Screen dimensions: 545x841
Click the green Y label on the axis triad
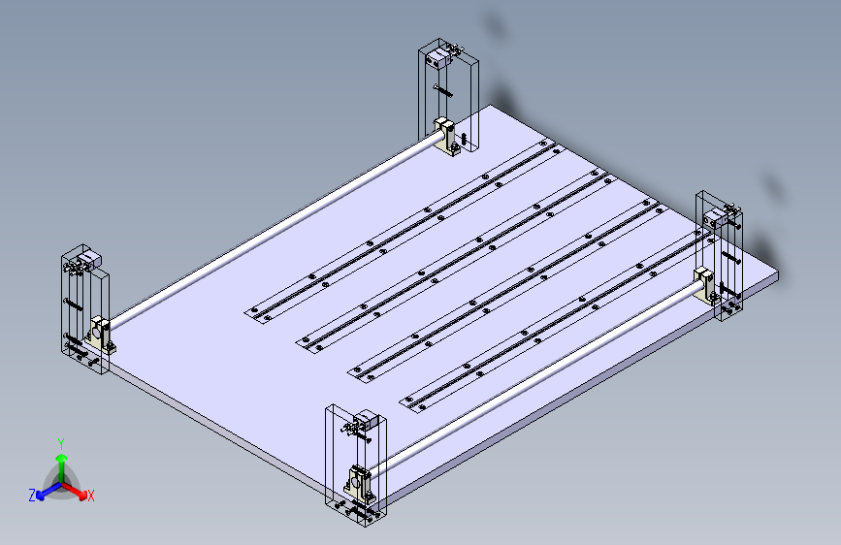click(60, 442)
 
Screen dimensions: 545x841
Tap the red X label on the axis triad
click(90, 497)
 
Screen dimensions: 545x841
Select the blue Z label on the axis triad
click(32, 495)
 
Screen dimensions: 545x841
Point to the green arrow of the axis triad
click(61, 461)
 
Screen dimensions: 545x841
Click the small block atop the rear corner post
click(437, 59)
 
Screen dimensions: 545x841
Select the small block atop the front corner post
click(365, 422)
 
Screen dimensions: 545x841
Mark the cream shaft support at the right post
click(704, 284)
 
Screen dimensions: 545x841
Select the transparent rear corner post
click(449, 97)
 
